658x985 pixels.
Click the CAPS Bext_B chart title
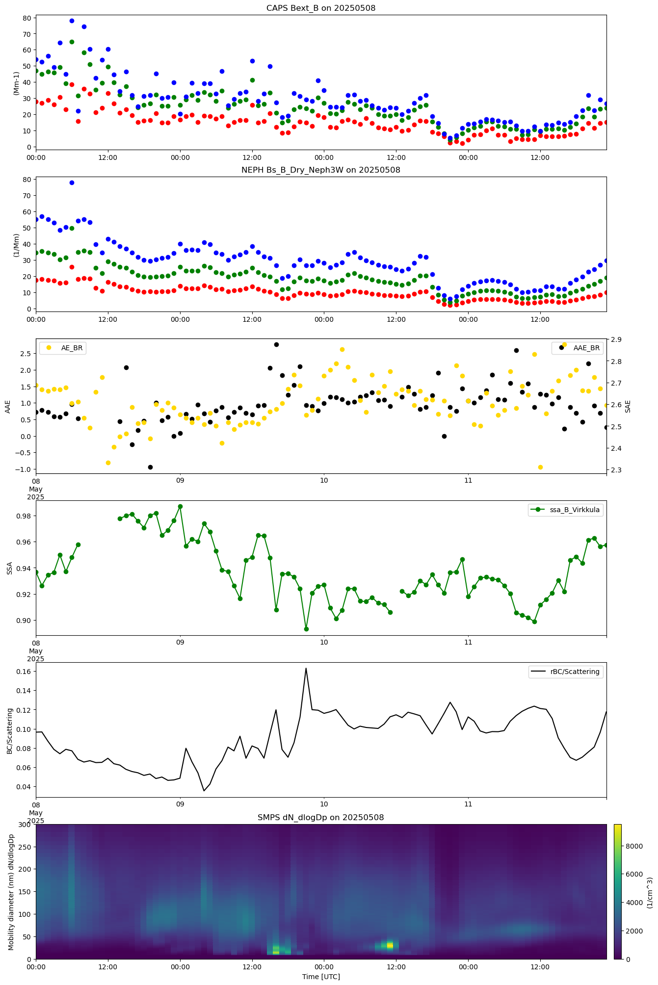click(321, 8)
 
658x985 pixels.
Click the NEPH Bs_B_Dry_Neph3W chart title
click(321, 170)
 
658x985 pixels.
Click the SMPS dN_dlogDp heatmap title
click(321, 817)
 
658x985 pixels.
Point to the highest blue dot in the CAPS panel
click(72, 21)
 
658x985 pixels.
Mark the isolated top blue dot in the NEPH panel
click(72, 182)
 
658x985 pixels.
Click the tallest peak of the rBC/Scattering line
click(306, 668)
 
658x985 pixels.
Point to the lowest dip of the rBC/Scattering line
click(204, 791)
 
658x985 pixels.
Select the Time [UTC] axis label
click(321, 976)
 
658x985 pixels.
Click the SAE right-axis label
click(628, 406)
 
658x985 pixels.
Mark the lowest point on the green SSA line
click(306, 629)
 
